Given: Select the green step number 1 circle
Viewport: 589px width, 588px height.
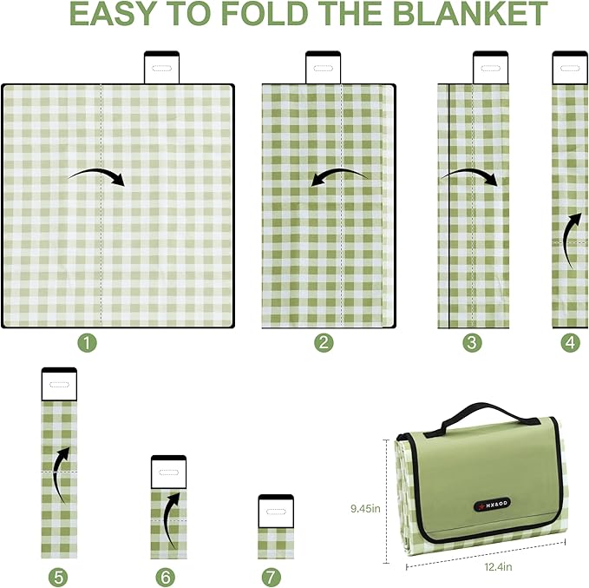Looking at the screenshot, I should tap(86, 343).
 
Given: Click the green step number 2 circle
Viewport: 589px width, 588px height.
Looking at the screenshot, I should tap(324, 343).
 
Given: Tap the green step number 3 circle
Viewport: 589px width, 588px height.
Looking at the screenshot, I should tap(472, 343).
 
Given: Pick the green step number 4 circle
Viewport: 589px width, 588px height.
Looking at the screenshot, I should tap(570, 343).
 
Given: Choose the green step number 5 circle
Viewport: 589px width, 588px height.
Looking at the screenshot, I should tap(59, 576).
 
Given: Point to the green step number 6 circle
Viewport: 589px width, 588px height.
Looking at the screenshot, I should tap(166, 576).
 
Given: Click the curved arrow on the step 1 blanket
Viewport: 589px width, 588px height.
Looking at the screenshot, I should tap(96, 176).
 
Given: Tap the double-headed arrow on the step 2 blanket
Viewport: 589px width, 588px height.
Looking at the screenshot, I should tap(339, 178).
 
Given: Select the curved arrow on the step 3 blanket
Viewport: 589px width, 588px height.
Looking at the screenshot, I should tap(469, 177).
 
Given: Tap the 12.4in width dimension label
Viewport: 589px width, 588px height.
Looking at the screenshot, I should tap(498, 568).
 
